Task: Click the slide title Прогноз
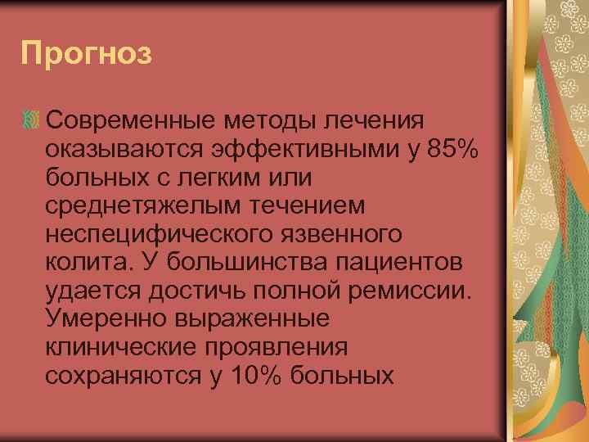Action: point(87,55)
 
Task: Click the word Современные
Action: point(131,121)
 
